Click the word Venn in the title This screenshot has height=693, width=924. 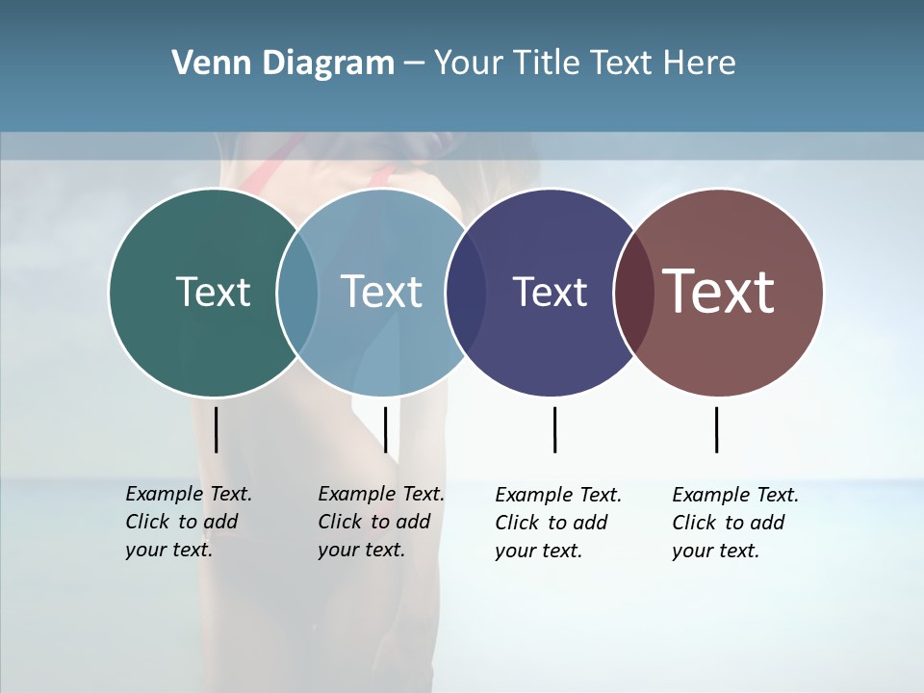(x=205, y=64)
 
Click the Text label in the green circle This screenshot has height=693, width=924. (x=213, y=292)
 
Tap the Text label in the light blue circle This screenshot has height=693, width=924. (x=381, y=292)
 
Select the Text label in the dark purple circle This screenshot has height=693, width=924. (x=550, y=293)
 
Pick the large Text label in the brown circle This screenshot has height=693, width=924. (x=719, y=292)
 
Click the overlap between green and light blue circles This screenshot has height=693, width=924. (x=297, y=293)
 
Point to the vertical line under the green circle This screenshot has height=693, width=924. (x=216, y=429)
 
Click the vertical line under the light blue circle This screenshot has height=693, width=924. (x=385, y=429)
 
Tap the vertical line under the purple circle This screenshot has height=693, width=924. (x=554, y=429)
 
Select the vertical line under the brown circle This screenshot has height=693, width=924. (x=716, y=429)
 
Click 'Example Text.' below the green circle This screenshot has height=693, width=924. (x=189, y=494)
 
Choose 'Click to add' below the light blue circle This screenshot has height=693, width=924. (x=373, y=522)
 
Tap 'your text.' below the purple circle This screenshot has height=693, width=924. (x=539, y=551)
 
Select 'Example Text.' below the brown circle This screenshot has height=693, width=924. (x=735, y=495)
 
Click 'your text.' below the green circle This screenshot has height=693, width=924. (x=169, y=550)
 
